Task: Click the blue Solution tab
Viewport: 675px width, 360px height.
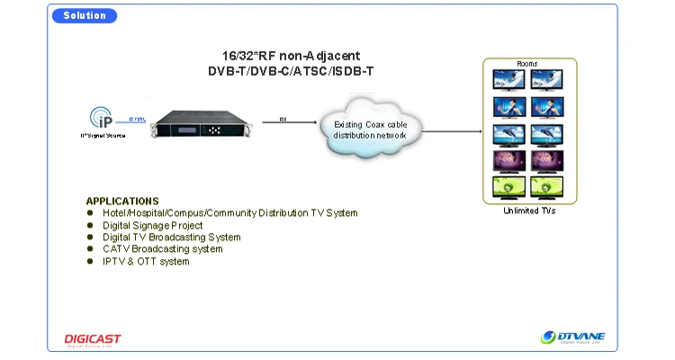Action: click(85, 15)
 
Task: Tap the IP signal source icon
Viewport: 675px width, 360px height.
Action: click(101, 117)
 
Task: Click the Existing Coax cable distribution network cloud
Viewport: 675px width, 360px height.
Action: click(370, 130)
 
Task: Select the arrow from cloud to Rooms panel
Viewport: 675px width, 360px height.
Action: click(450, 130)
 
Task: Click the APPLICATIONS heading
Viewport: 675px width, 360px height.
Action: click(122, 201)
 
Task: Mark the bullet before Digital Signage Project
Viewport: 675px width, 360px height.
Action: click(90, 225)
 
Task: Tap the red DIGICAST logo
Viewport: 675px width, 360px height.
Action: click(92, 339)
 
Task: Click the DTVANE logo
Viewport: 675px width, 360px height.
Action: click(573, 337)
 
